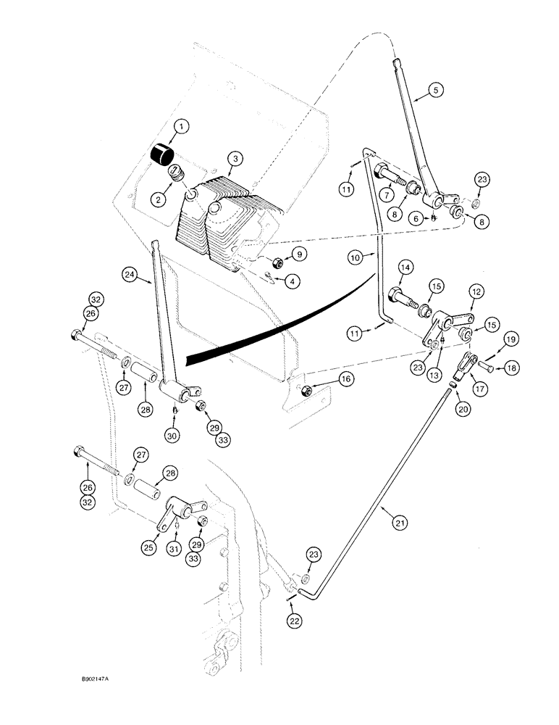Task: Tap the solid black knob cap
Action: point(163,154)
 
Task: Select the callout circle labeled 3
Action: point(233,158)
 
